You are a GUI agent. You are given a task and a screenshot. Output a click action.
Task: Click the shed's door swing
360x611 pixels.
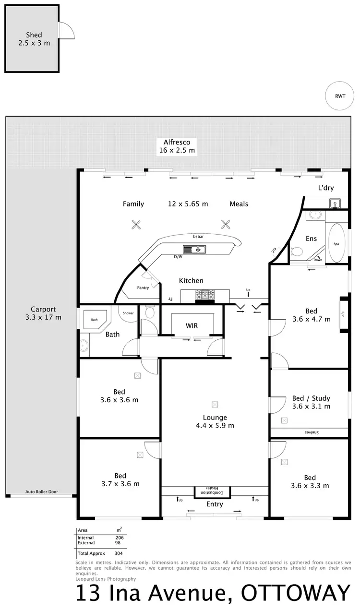(66, 31)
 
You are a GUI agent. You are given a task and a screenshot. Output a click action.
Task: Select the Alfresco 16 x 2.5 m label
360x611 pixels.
(177, 146)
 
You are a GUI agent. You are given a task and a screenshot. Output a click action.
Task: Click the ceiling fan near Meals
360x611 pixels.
(225, 224)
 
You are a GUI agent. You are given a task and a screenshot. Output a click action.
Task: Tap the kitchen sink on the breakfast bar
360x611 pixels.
(194, 249)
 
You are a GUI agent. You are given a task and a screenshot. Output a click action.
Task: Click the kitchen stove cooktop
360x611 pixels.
(204, 296)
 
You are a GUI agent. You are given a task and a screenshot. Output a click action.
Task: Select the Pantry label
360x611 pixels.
(143, 288)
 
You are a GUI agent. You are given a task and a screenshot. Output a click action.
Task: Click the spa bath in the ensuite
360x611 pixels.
(336, 244)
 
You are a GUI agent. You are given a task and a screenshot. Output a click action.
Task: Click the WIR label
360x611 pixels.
(192, 326)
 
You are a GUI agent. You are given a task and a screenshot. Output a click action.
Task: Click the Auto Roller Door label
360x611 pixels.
(42, 492)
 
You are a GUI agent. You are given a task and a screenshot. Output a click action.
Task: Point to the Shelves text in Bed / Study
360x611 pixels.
(312, 432)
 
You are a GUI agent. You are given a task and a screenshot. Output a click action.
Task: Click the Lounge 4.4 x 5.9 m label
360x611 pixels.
(215, 421)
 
